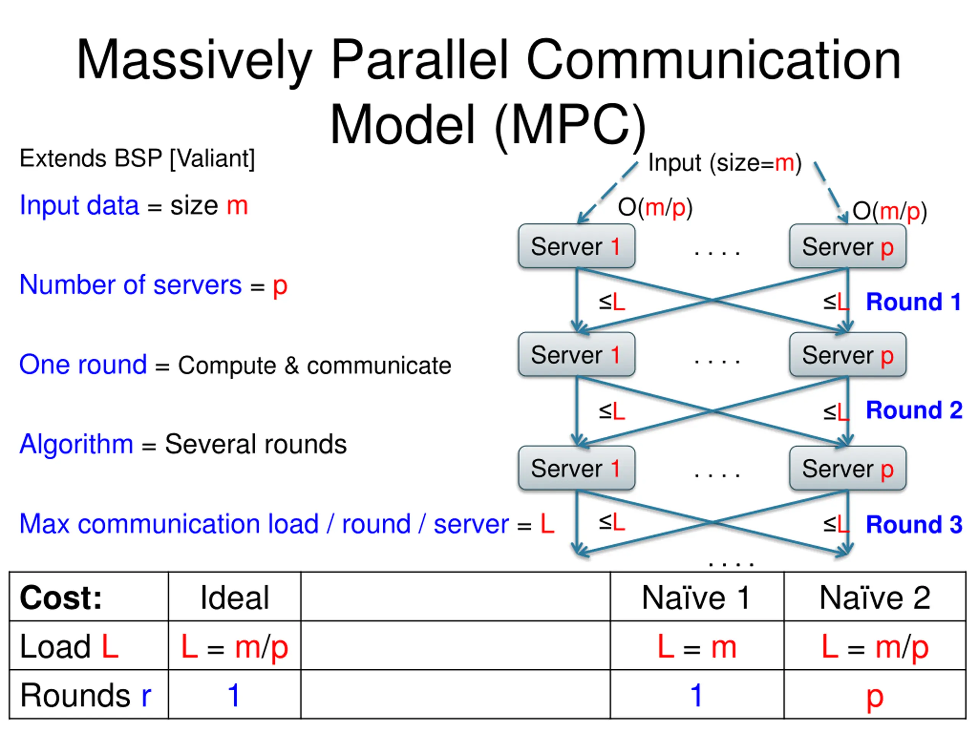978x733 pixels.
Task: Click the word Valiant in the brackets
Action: coord(212,158)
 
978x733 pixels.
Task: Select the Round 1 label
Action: coord(913,302)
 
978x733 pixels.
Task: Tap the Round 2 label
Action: coord(914,410)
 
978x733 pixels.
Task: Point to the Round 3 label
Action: coord(914,525)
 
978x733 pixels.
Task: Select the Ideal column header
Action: coord(234,598)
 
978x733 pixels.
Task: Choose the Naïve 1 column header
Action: coord(696,598)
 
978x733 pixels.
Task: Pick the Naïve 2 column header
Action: coord(874,598)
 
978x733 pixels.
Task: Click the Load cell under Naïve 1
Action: coord(697,647)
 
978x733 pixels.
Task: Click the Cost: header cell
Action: coord(61,598)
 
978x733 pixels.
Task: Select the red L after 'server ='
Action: coord(547,524)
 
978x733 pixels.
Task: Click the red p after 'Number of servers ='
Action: coord(280,287)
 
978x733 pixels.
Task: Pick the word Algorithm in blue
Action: coord(76,444)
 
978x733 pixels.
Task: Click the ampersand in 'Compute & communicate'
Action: coord(291,365)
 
